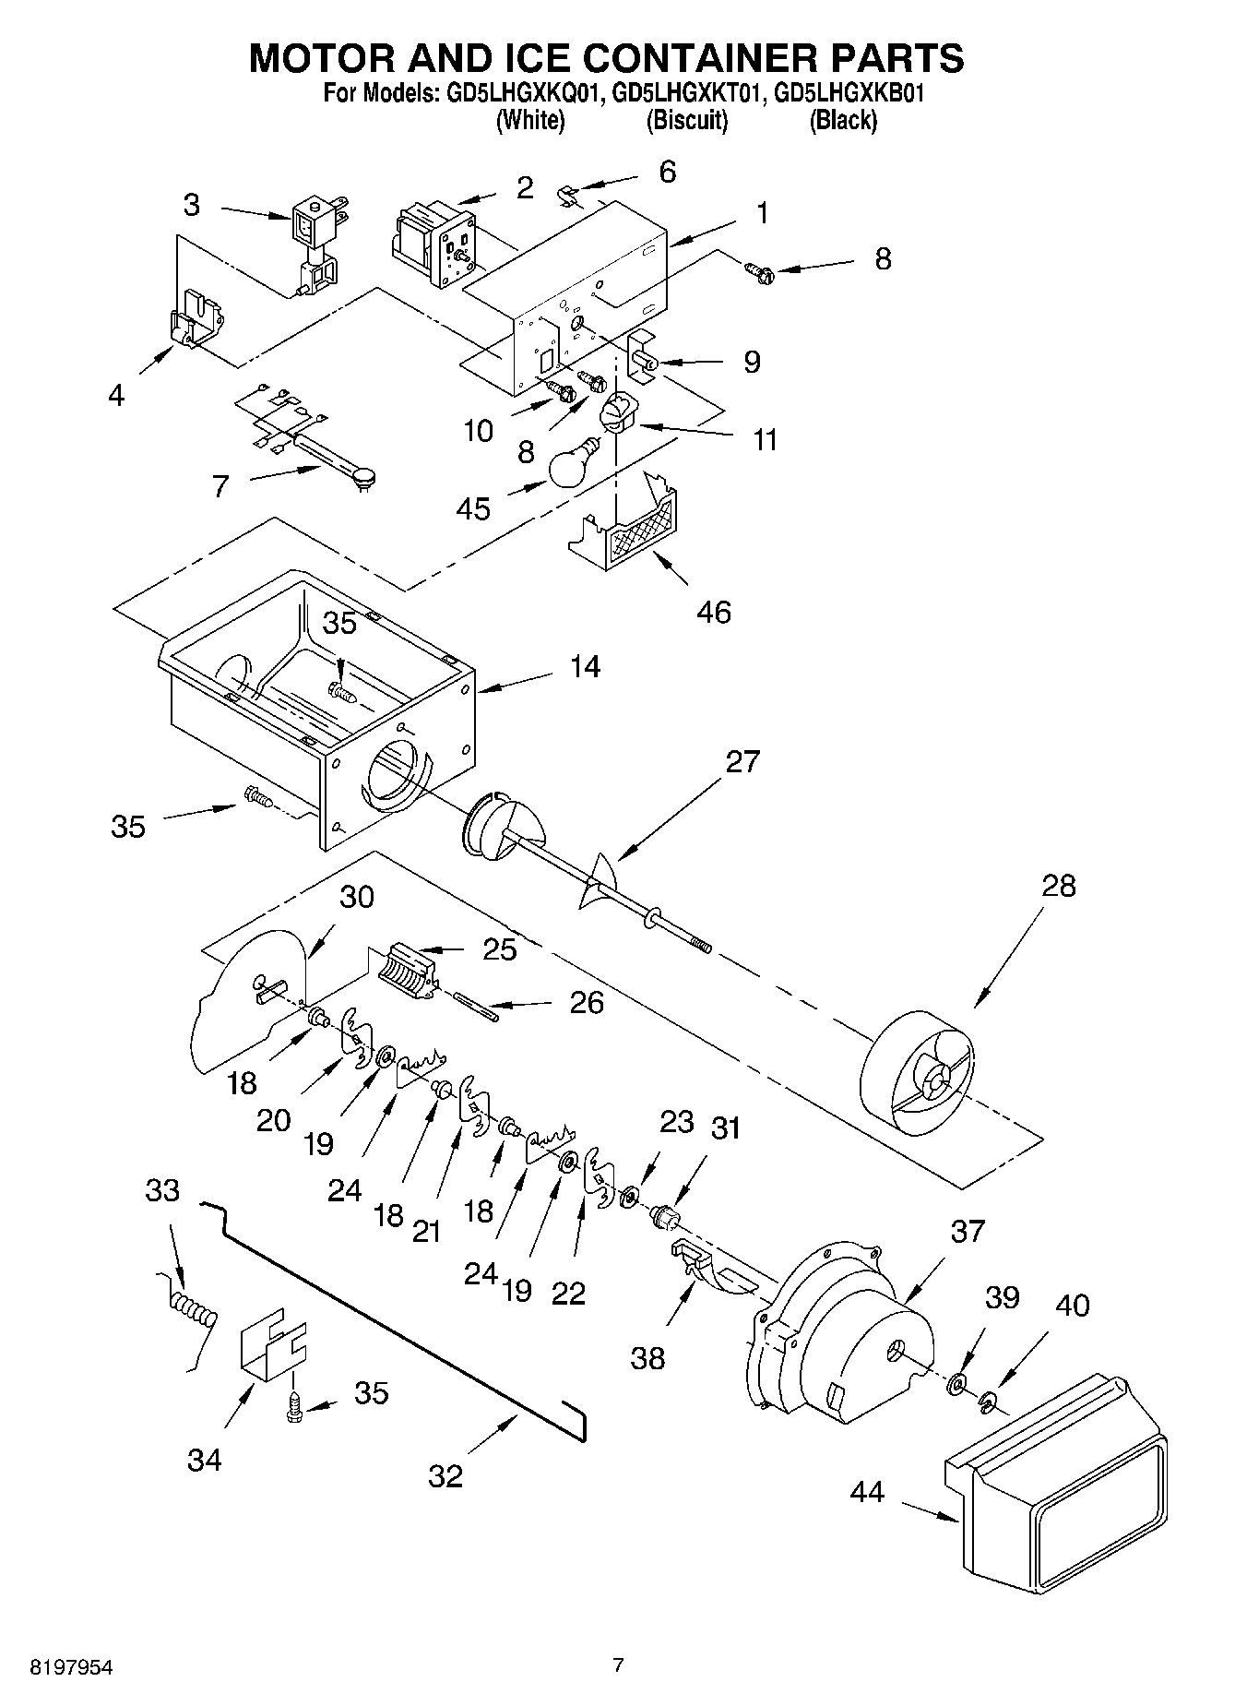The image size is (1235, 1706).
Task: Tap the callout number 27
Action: tap(742, 761)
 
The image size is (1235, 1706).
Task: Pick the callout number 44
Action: tap(867, 1491)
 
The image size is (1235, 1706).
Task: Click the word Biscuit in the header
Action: tap(687, 121)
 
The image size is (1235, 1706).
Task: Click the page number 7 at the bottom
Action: tap(618, 1665)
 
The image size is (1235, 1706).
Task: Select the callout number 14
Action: tap(585, 667)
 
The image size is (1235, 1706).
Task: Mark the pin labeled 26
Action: tap(476, 1006)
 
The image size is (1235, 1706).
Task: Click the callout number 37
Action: tap(968, 1231)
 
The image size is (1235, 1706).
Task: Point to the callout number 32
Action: tap(445, 1476)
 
